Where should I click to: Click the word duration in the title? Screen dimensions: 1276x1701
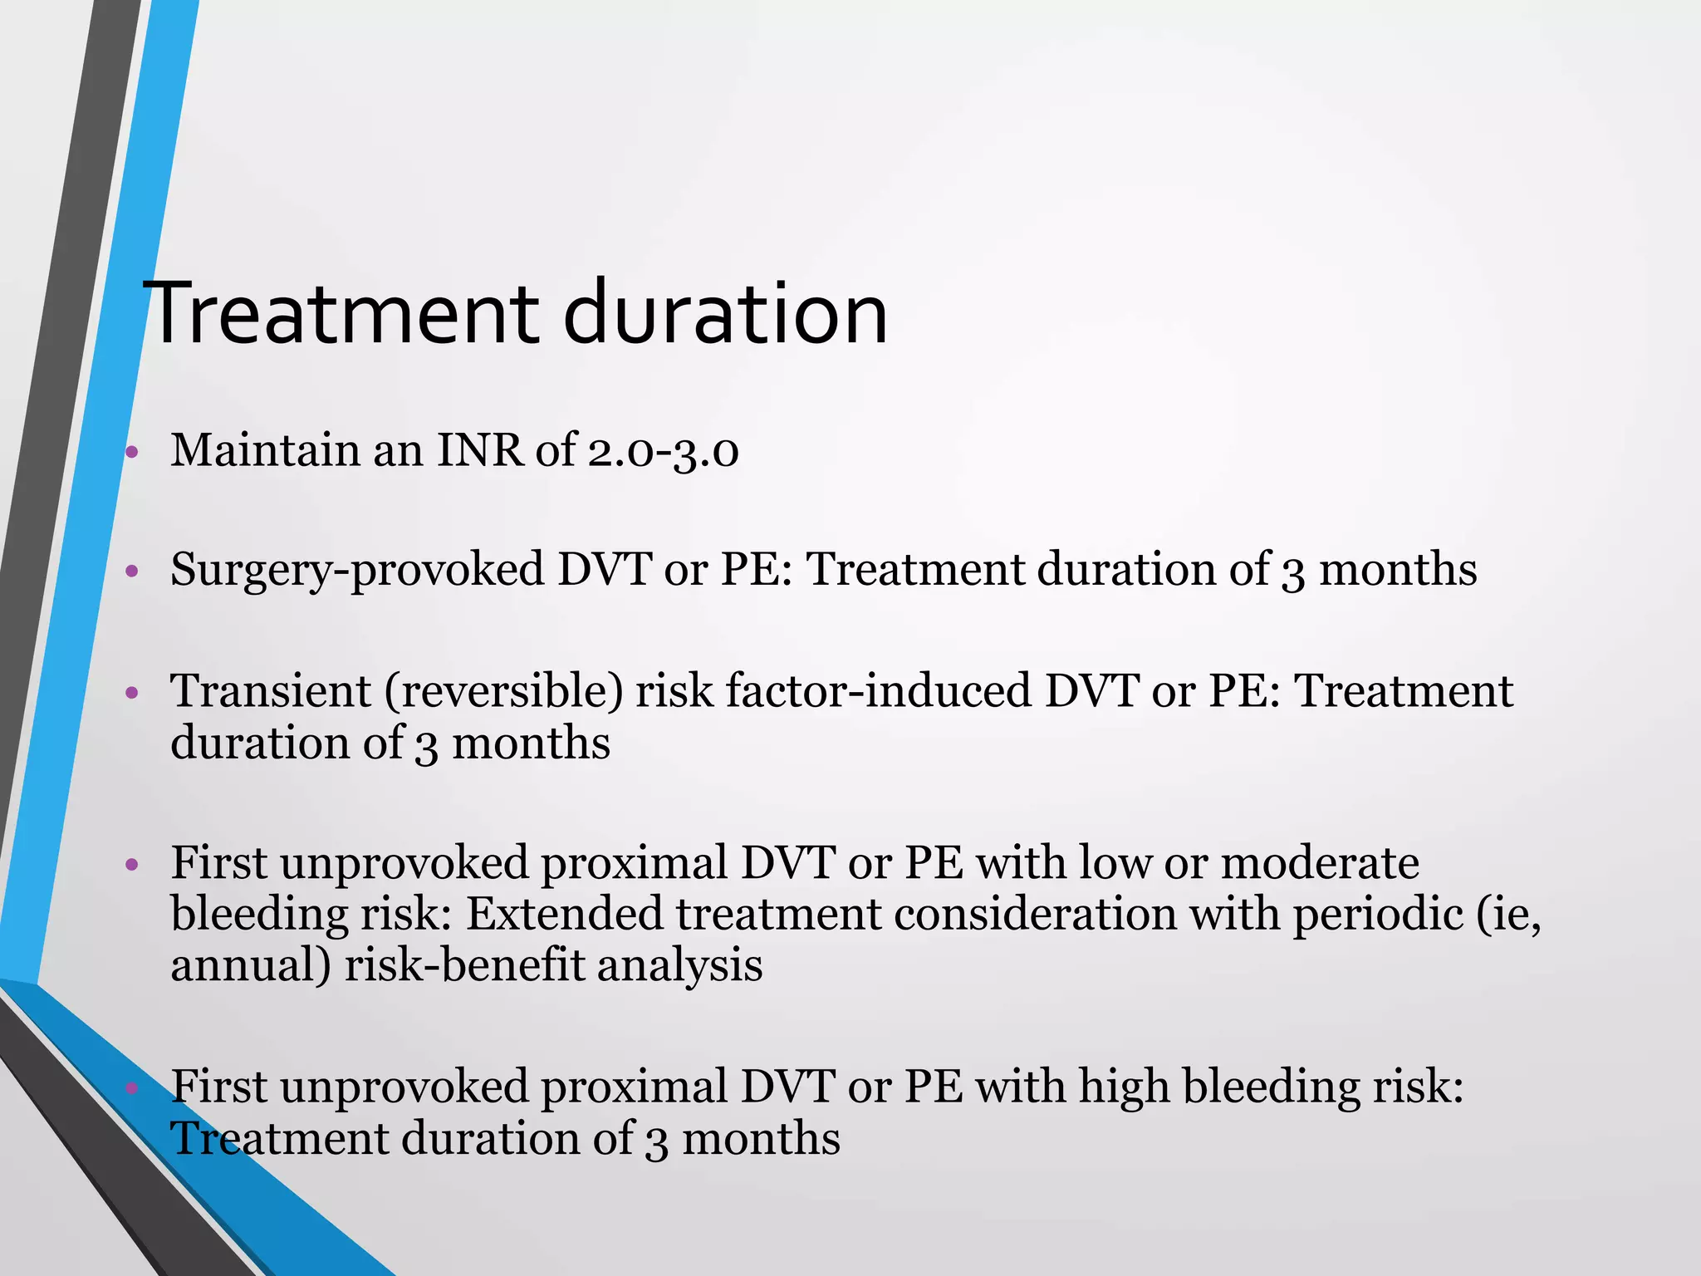724,314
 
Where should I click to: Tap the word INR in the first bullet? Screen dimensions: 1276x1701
479,450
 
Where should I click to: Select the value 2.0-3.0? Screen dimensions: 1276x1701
663,452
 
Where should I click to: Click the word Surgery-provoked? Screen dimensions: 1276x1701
356,572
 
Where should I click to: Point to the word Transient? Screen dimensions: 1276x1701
270,691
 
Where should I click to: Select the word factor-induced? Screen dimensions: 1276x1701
879,691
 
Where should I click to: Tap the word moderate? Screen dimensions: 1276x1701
1320,862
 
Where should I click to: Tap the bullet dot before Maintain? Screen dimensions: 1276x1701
131,453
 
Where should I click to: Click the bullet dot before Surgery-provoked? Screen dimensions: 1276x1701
131,572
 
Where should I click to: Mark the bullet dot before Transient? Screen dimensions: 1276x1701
131,693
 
